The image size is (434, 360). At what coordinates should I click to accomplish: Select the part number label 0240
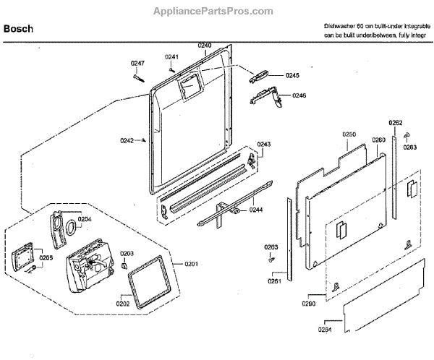point(204,45)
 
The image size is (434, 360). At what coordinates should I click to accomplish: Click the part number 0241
point(171,57)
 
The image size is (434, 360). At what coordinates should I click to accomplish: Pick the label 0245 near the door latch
point(292,75)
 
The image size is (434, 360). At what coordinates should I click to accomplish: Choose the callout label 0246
point(299,95)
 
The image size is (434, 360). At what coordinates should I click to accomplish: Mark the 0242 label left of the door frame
point(127,141)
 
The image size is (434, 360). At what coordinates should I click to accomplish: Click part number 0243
point(263,144)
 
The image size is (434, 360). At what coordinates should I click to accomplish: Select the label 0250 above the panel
point(349,134)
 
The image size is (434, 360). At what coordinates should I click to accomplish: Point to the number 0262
point(396,122)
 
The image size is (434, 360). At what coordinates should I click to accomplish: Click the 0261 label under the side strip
point(274,280)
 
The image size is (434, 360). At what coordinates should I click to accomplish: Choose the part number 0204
point(85,219)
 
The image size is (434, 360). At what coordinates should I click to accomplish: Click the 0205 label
point(46,257)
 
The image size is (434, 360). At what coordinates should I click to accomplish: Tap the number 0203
point(127,253)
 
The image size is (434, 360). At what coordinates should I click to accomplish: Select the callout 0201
point(192,262)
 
